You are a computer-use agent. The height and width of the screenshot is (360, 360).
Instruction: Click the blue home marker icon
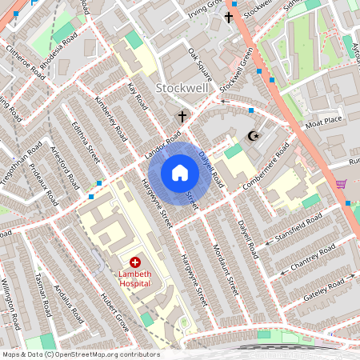click(180, 173)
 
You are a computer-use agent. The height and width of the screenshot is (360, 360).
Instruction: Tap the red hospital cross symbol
click(135, 262)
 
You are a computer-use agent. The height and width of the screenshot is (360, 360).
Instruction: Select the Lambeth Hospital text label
click(134, 278)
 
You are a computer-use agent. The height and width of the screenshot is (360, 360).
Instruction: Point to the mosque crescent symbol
click(256, 137)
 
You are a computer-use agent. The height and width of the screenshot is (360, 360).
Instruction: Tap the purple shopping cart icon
click(342, 183)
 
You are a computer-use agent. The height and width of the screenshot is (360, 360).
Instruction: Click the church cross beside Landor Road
click(182, 117)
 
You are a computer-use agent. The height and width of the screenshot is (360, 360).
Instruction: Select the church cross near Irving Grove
click(229, 17)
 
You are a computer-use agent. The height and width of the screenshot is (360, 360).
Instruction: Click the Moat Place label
click(323, 123)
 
